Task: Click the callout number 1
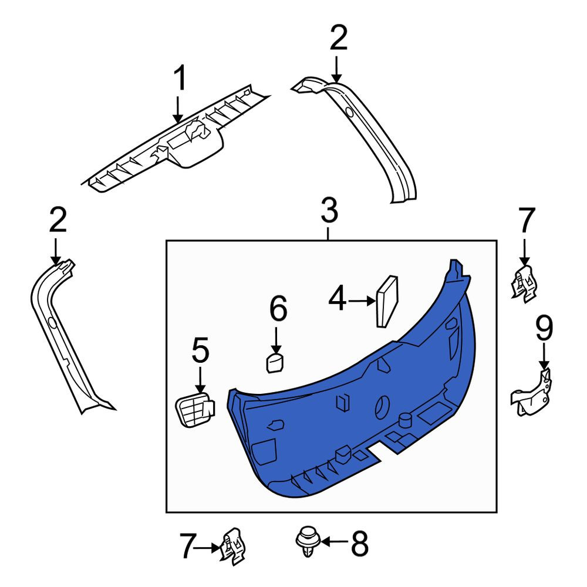(x=180, y=78)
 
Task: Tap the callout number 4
(x=338, y=298)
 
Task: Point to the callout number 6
(x=278, y=308)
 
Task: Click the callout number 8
(x=359, y=543)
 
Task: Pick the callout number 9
(x=544, y=328)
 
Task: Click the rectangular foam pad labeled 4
(x=387, y=301)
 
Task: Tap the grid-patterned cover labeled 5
(x=195, y=409)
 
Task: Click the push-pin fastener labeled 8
(x=308, y=541)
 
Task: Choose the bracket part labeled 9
(x=532, y=394)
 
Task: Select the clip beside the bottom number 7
(x=234, y=546)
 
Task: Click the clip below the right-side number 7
(x=524, y=284)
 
